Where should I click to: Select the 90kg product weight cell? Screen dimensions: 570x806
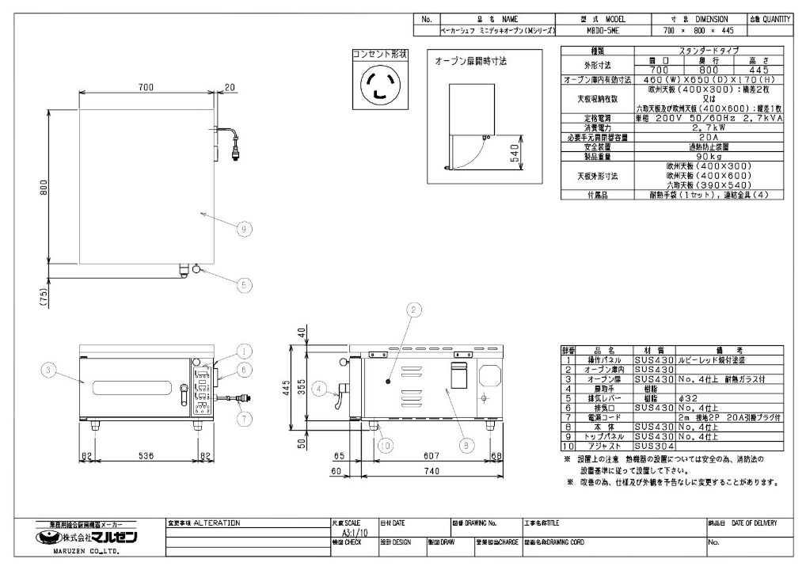click(693, 156)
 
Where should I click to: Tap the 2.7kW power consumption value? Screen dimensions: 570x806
click(693, 127)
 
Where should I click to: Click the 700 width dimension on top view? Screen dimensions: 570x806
click(145, 88)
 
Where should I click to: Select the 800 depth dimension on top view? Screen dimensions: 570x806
click(44, 187)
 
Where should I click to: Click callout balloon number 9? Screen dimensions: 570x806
click(245, 228)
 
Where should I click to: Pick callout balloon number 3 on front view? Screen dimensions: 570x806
click(49, 370)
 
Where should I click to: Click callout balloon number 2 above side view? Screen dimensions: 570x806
click(412, 310)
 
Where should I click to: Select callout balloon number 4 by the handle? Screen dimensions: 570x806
click(317, 389)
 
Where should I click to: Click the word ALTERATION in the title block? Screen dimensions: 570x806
click(217, 523)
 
